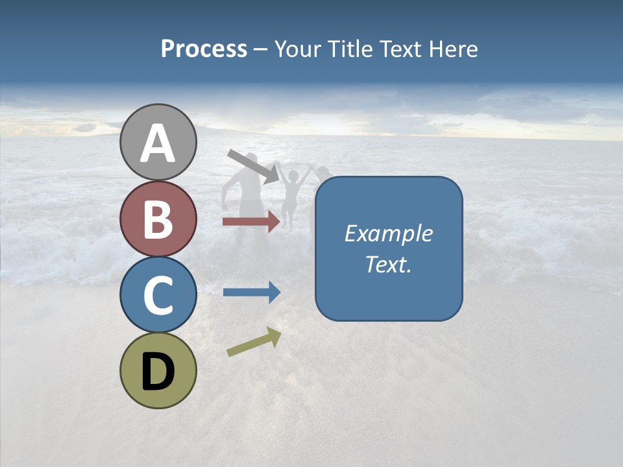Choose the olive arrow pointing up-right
(x=254, y=342)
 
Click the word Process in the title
(x=204, y=49)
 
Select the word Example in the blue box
(x=388, y=233)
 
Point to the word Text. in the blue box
(x=388, y=264)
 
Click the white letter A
(x=158, y=144)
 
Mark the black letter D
(x=158, y=372)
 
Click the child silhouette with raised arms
(x=292, y=195)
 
